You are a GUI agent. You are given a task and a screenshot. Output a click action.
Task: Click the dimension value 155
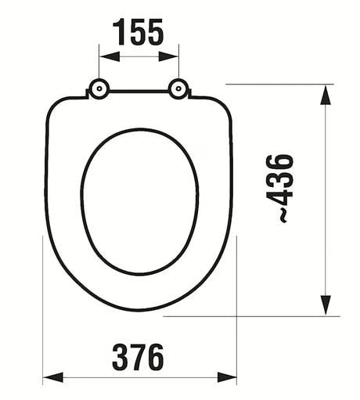point(139,33)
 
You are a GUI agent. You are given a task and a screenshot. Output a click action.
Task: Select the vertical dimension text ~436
point(286,188)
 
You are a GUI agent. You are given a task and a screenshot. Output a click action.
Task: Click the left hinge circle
point(99,90)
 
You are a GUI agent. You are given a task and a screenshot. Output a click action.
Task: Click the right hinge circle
point(178,90)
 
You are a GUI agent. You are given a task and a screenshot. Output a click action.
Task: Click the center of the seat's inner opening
point(139,200)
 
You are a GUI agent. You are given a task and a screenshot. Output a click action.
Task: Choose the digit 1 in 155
point(118,33)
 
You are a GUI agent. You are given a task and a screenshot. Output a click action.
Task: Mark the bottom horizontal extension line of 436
point(258,316)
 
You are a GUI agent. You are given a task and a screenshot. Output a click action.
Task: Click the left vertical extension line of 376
point(42,313)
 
